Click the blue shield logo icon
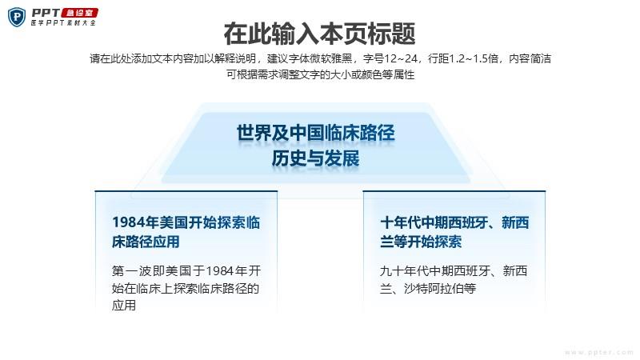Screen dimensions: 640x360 [17, 18]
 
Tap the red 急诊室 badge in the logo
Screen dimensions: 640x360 [80, 13]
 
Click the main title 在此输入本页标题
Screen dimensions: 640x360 [319, 34]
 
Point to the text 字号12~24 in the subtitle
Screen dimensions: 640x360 [390, 58]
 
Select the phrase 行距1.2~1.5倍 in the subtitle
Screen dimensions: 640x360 [463, 58]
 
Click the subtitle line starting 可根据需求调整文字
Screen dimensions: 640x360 [321, 74]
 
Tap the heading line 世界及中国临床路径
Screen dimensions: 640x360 [316, 133]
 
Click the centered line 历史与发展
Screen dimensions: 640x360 [316, 158]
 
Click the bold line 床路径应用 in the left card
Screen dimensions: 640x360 [146, 242]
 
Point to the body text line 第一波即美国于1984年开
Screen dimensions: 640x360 [186, 270]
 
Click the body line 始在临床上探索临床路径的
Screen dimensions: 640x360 [186, 288]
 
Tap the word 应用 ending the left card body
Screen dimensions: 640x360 [124, 306]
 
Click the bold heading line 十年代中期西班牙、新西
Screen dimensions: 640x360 [454, 222]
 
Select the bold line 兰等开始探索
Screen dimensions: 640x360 [421, 242]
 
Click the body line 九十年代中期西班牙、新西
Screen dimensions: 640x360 [454, 270]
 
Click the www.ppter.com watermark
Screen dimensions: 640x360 [598, 352]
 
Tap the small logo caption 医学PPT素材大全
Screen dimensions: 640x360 [63, 23]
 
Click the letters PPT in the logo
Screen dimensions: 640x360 [46, 13]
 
